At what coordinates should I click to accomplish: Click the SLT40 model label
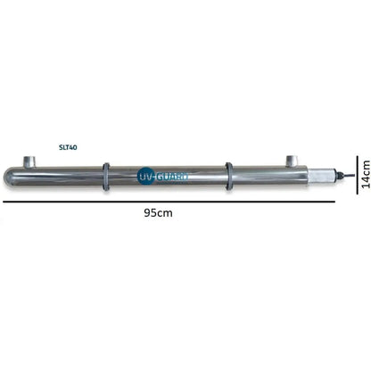click(68, 147)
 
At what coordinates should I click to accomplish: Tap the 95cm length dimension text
click(158, 213)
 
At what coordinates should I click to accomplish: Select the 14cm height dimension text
click(366, 174)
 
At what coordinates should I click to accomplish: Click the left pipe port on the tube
click(29, 161)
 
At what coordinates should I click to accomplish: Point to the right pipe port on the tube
click(292, 161)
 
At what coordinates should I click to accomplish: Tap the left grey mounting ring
click(106, 177)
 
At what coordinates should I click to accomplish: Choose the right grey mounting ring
click(228, 177)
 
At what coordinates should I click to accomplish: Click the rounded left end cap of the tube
click(9, 177)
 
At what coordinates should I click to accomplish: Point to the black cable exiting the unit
click(349, 176)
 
